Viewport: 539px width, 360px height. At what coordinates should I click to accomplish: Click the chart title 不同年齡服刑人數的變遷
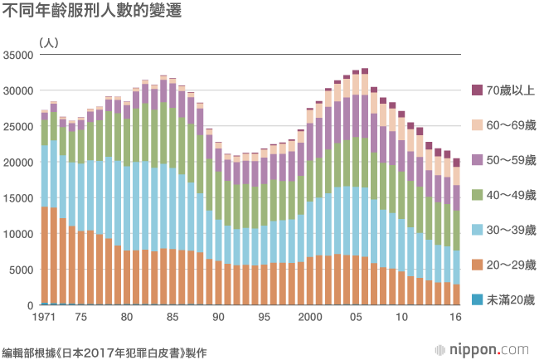coord(93,12)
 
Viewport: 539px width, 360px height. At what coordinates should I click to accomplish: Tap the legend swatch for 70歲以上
coord(476,90)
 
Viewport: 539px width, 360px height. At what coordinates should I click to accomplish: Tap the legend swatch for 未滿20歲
coord(476,299)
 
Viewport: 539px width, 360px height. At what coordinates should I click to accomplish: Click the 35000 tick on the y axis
coord(17,56)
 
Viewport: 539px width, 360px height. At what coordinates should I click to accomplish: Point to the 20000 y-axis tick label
coord(17,163)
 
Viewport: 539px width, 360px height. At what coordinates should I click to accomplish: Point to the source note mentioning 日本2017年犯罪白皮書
coord(104,352)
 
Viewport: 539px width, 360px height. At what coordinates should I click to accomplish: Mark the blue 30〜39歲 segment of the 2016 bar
coord(456,267)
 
